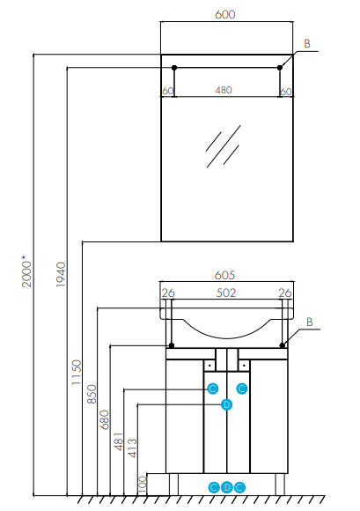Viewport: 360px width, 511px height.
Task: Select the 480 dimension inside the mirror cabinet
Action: pos(224,90)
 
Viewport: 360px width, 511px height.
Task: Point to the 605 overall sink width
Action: pos(224,274)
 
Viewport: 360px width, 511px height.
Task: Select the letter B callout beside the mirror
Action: pos(307,42)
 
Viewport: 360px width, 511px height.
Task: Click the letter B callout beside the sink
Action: pos(307,322)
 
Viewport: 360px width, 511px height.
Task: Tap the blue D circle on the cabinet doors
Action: pos(226,404)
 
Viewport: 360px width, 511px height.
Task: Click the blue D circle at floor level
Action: pos(226,486)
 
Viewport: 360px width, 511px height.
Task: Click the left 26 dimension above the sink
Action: pos(168,293)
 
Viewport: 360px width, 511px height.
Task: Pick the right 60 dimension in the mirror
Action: pos(285,90)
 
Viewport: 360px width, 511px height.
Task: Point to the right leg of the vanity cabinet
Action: pos(280,483)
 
